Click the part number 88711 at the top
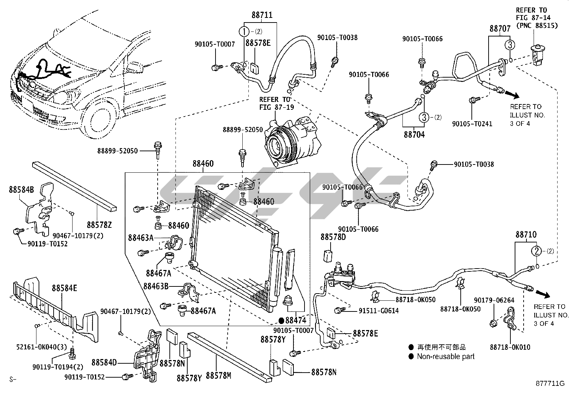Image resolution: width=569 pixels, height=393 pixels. coord(262,15)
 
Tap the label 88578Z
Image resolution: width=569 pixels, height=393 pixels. coord(99,225)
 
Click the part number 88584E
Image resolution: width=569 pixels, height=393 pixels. coord(64,288)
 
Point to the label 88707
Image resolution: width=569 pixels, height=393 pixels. coord(500,29)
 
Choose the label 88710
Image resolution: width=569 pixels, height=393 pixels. coord(526,235)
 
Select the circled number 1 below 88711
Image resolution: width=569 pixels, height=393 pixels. coord(244,32)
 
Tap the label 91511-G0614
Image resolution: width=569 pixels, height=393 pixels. coord(378,311)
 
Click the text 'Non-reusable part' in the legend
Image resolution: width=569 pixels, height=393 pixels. coord(446,356)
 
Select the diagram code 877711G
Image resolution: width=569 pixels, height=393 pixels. coord(550,383)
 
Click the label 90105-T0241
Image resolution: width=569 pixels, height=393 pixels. coord(472,124)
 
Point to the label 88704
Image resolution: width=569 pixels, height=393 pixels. coord(414,135)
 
